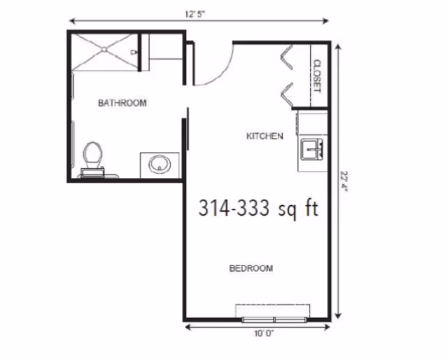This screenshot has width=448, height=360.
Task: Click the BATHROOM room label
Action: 122,103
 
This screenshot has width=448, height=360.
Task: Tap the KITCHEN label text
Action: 265,136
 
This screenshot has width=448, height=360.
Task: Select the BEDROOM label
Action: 251,268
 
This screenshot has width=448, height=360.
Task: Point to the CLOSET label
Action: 316,76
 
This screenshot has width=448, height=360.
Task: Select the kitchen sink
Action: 311,149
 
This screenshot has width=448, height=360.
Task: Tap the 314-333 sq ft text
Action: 258,208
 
